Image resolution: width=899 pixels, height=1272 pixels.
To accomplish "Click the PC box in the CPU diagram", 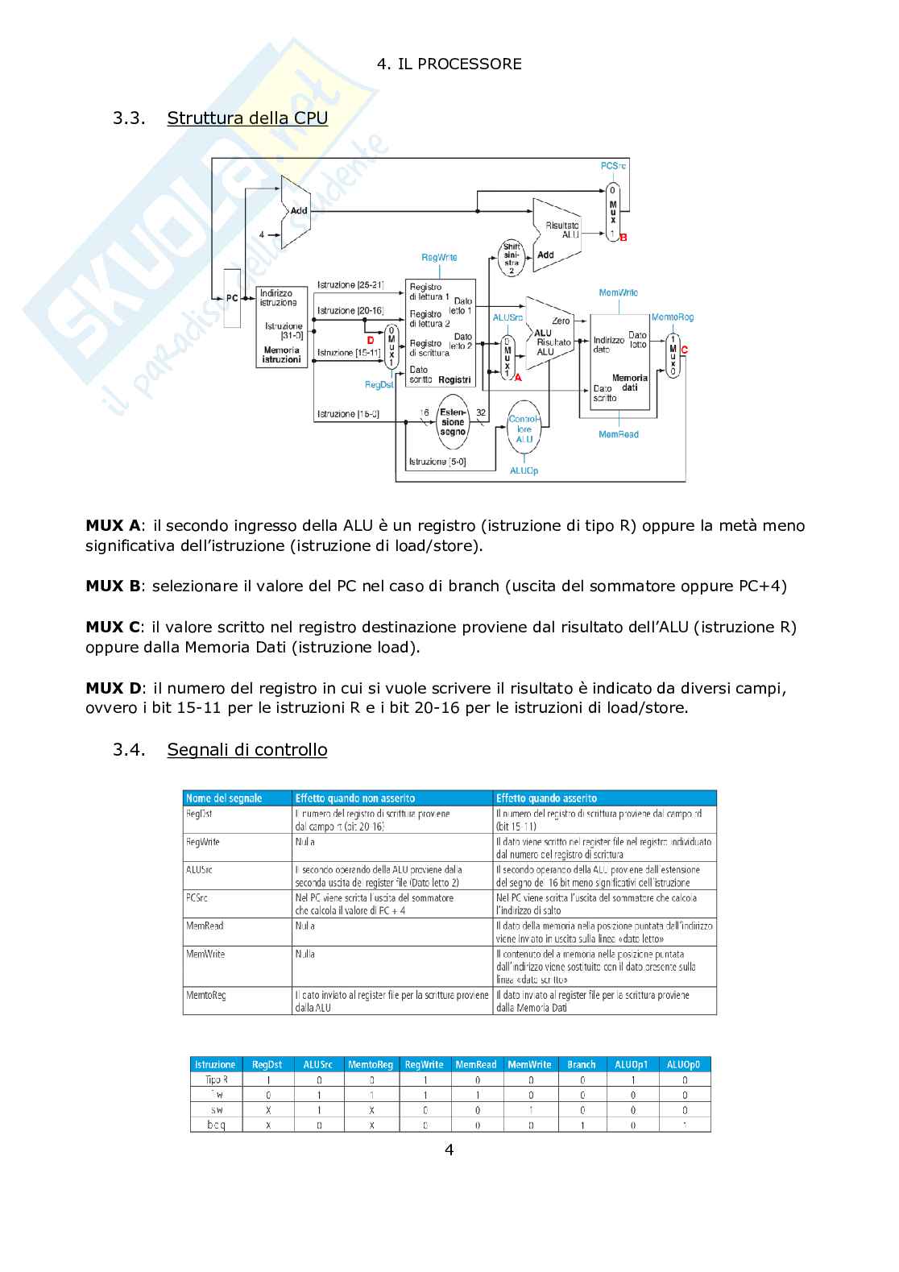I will (232, 298).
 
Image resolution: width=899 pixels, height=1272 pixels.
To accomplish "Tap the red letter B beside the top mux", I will (623, 238).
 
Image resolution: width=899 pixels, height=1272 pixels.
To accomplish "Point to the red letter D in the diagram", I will (371, 341).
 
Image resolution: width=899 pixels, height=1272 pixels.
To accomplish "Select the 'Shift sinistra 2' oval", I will (512, 259).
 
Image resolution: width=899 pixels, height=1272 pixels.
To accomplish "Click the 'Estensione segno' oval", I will (453, 422).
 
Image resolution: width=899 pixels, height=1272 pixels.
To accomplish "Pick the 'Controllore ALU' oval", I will (524, 429).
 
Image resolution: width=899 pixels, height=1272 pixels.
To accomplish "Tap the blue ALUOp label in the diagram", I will (524, 470).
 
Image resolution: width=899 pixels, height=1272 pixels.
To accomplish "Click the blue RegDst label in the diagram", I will (379, 385).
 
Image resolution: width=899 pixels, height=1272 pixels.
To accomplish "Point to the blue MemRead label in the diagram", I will (618, 434).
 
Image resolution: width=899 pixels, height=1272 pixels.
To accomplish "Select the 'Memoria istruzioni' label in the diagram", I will (281, 355).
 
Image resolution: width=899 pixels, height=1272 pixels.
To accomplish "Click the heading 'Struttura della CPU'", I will (247, 118).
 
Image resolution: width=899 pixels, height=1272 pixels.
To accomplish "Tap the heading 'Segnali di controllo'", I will (247, 749).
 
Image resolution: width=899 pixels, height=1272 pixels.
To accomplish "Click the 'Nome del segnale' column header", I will (224, 798).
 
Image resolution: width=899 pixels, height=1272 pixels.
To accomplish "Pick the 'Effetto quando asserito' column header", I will (546, 798).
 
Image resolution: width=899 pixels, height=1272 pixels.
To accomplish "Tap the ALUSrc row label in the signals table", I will (199, 870).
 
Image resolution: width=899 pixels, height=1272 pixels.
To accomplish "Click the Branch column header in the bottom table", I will (581, 1064).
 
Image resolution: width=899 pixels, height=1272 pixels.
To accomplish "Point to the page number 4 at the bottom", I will (449, 1150).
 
